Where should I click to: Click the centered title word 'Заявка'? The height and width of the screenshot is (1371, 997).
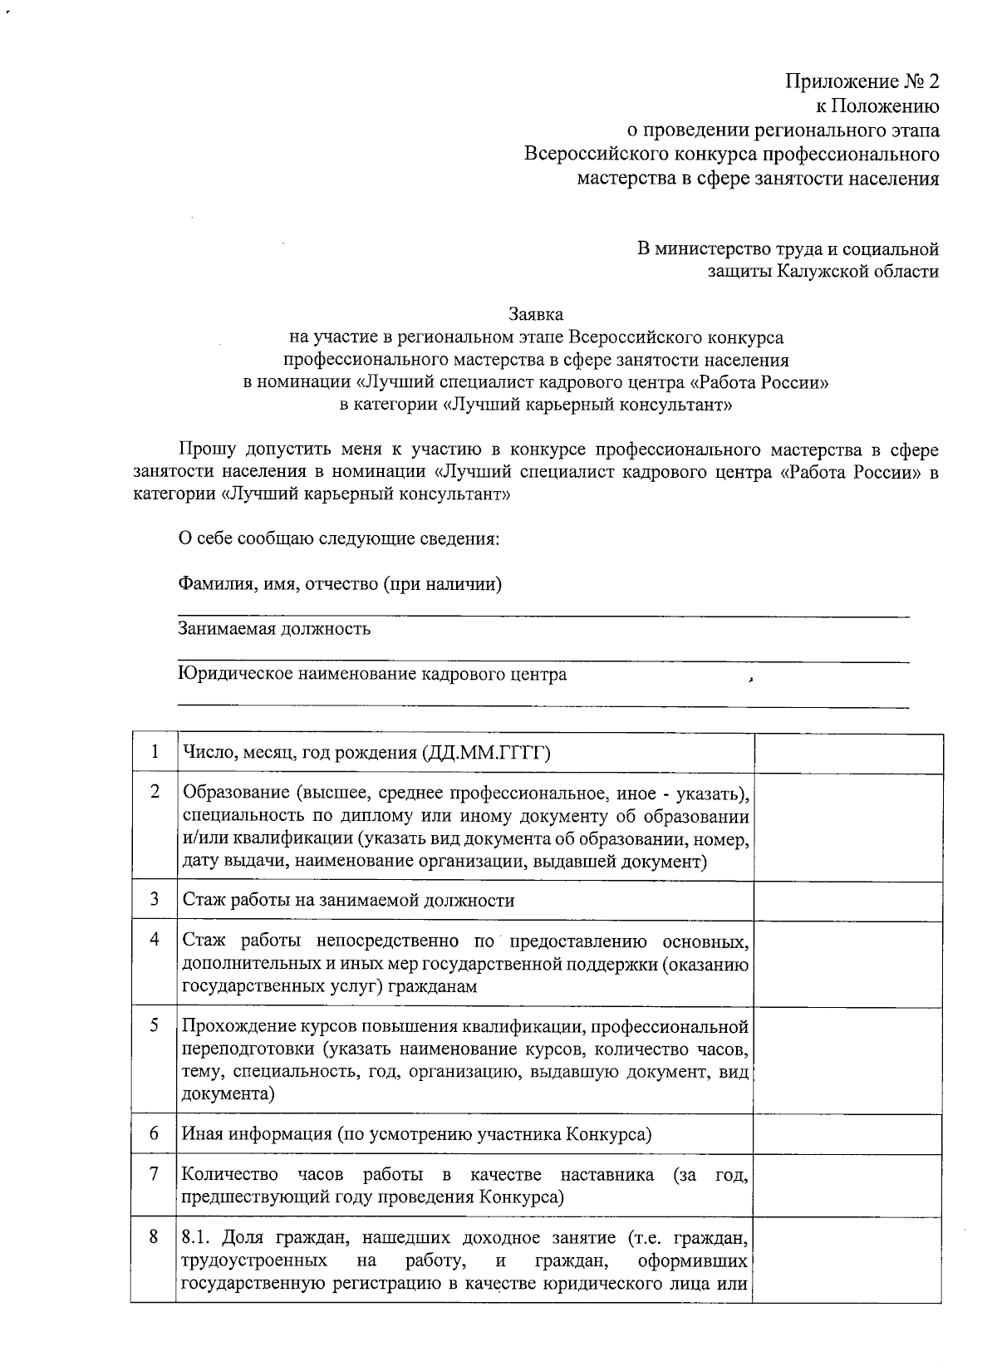pos(535,314)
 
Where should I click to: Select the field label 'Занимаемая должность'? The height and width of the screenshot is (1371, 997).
pos(274,628)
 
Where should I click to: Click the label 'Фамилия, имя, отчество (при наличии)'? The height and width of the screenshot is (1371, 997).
pos(340,583)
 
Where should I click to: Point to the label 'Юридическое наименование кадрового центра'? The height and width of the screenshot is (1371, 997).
pos(372,674)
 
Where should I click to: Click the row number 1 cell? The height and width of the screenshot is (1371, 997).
pos(155,753)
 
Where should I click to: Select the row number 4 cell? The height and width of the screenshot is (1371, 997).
pos(155,940)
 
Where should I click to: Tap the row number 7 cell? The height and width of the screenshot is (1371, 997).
pos(155,1174)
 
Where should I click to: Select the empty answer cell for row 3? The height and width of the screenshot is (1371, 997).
pos(848,900)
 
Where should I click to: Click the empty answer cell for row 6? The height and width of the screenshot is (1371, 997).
pos(848,1133)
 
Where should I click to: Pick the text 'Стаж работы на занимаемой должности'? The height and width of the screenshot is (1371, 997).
pos(348,900)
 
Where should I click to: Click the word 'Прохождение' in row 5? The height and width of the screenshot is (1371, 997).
pos(235,1026)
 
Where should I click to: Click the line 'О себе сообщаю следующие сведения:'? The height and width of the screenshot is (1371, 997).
pos(339,538)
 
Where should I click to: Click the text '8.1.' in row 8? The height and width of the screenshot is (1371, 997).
pos(197,1238)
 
